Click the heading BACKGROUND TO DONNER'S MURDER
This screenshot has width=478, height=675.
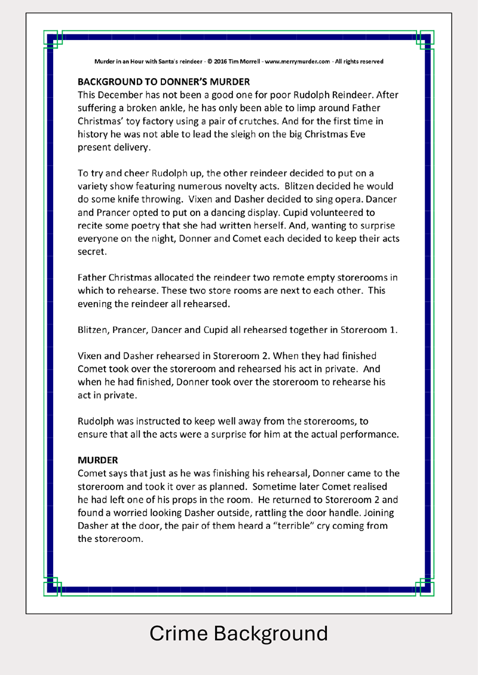(164, 82)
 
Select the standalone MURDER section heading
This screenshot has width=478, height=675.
(98, 460)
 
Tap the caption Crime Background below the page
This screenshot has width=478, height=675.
(238, 633)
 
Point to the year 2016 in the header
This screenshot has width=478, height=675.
(220, 61)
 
